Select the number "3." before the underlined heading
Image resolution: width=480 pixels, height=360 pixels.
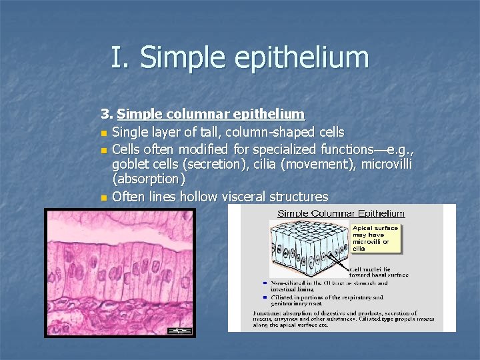(x=107, y=115)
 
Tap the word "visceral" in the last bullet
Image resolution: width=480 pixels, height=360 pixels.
(x=234, y=197)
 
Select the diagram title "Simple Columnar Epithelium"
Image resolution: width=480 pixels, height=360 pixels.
(x=341, y=213)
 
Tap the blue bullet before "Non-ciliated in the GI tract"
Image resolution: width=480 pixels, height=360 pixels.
(x=265, y=282)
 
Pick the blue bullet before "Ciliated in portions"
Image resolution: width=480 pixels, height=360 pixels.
(x=265, y=297)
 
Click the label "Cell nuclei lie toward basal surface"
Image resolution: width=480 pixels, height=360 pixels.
(x=380, y=272)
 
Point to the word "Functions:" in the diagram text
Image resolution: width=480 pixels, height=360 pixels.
(x=269, y=313)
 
